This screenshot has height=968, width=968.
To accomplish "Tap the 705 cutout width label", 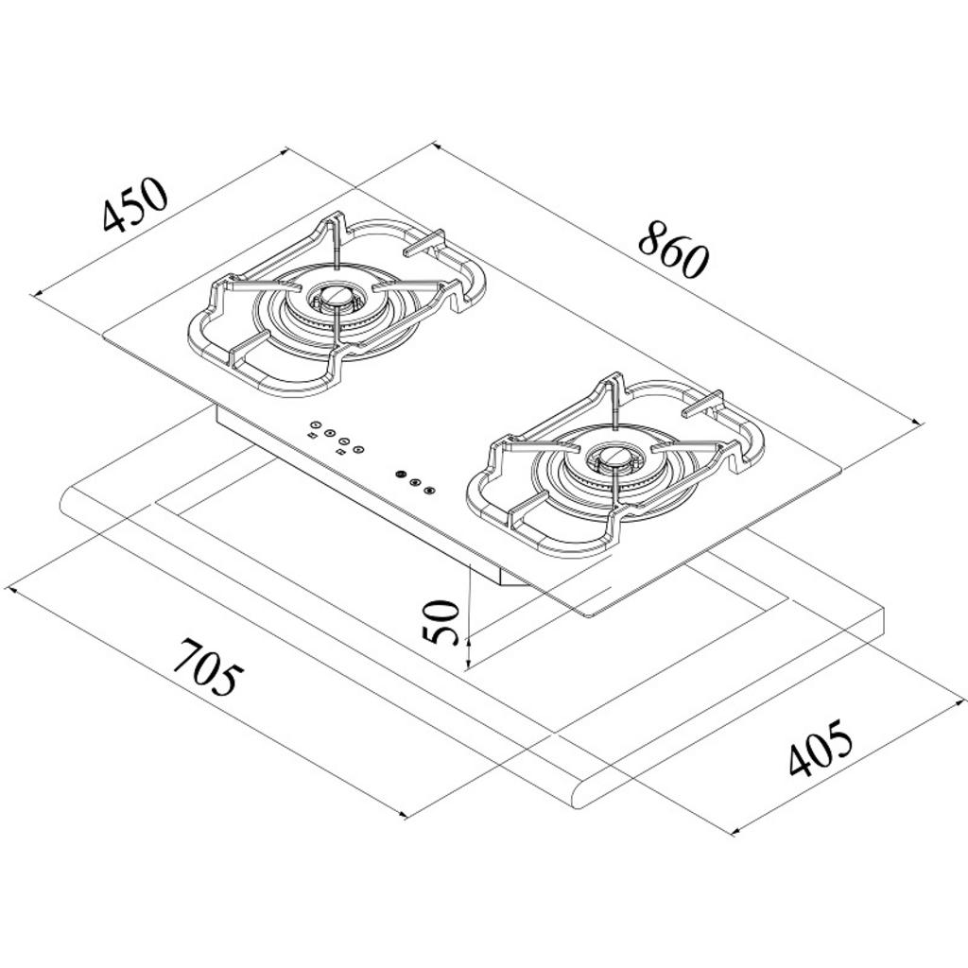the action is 203,666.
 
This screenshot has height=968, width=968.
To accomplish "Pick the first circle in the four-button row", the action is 316,424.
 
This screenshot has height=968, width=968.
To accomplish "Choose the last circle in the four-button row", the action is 358,449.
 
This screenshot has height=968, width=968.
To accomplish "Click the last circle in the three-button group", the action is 430,491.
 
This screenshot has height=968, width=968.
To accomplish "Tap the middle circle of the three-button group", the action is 415,482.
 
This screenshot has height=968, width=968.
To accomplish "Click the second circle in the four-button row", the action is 330,433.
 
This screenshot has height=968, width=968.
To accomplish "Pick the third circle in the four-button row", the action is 344,441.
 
